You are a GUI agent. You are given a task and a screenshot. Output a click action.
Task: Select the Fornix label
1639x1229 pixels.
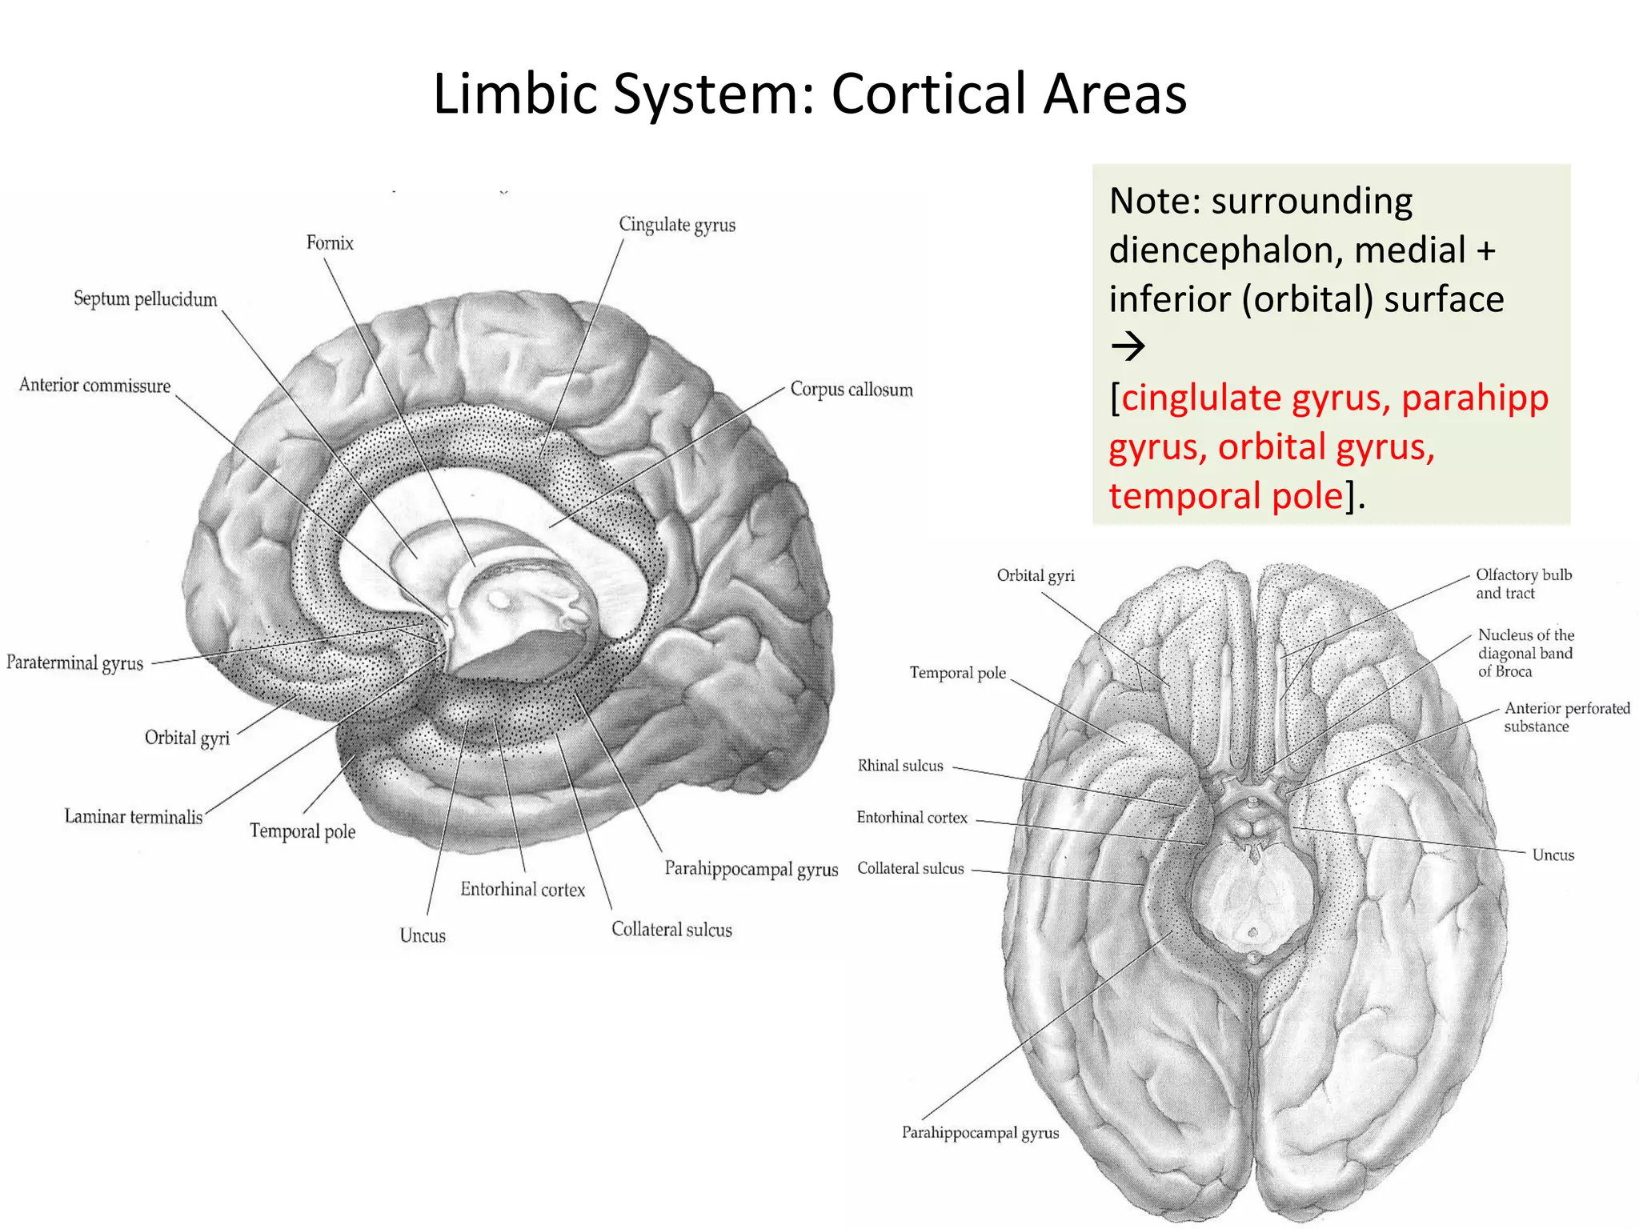click(x=330, y=242)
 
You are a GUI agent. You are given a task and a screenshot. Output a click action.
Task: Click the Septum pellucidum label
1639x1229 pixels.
click(x=145, y=299)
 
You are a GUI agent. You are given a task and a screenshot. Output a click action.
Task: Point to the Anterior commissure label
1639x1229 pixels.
click(x=94, y=386)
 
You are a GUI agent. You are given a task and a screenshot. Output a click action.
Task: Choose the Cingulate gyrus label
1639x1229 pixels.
click(x=676, y=225)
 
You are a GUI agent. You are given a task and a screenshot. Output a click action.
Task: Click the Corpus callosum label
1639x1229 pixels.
click(x=851, y=390)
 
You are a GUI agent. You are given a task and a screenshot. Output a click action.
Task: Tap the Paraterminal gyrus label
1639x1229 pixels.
click(x=74, y=663)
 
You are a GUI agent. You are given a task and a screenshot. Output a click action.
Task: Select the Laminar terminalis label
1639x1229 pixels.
click(x=133, y=817)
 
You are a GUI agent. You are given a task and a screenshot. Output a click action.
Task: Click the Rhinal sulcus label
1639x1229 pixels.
click(x=900, y=766)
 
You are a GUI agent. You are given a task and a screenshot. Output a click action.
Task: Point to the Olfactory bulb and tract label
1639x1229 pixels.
click(x=1523, y=584)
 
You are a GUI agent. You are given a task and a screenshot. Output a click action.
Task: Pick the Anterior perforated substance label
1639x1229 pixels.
click(x=1566, y=717)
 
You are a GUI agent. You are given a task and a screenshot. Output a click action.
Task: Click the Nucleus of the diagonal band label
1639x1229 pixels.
click(x=1525, y=653)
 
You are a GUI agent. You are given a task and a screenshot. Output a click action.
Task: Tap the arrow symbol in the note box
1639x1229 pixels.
click(x=1128, y=347)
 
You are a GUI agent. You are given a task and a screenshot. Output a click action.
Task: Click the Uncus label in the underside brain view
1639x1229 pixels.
click(x=1553, y=855)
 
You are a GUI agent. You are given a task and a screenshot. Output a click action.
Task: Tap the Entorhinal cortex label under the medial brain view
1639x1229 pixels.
click(x=523, y=890)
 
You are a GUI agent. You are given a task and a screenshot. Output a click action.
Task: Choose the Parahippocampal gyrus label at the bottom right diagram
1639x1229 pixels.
click(x=980, y=1133)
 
